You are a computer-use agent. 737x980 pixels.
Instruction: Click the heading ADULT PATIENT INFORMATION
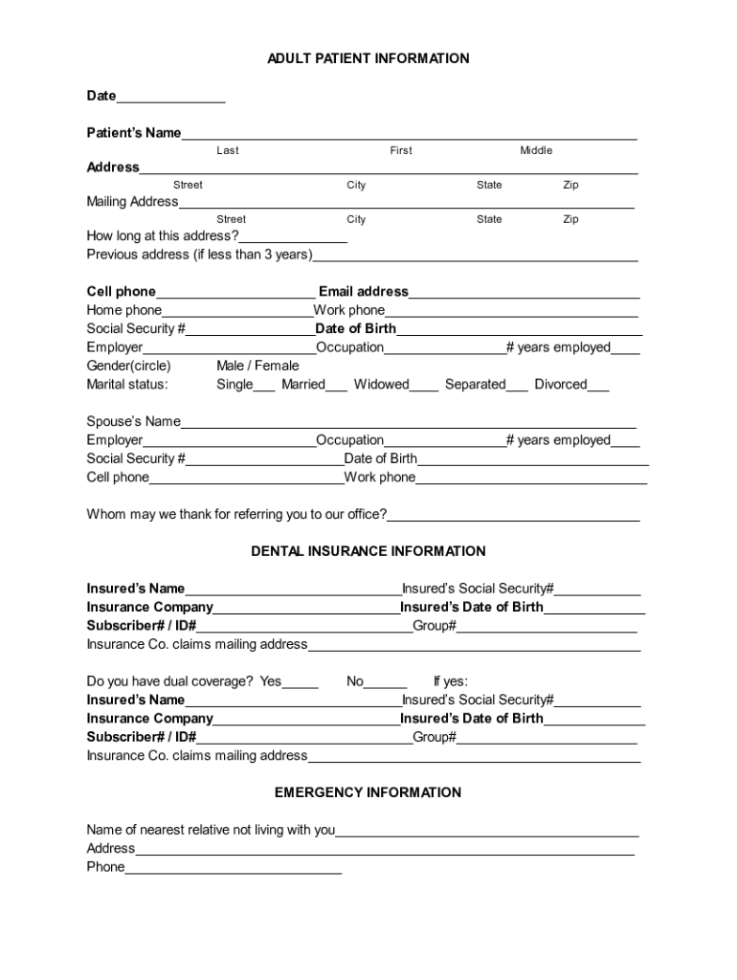368,59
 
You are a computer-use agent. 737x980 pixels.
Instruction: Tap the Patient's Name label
134,133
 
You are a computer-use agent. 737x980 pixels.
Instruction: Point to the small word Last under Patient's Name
228,150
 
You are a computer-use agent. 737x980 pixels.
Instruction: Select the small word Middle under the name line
536,150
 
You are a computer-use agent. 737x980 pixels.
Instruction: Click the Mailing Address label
132,202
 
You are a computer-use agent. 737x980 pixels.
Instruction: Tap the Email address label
364,292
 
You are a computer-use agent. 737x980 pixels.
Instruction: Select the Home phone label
124,310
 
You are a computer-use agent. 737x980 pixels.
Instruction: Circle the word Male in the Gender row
231,366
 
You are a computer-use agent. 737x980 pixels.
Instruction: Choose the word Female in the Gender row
277,366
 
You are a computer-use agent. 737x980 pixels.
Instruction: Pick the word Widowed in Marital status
381,385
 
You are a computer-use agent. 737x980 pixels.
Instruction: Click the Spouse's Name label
134,421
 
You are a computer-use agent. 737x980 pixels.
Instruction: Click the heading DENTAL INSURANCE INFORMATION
368,551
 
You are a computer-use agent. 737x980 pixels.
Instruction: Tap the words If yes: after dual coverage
451,681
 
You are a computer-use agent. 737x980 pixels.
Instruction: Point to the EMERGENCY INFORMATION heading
368,792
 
